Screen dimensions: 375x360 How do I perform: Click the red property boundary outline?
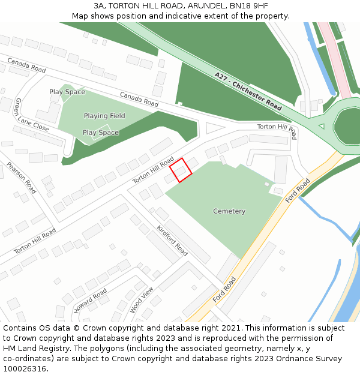click(x=181, y=170)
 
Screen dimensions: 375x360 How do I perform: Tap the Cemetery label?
click(x=229, y=211)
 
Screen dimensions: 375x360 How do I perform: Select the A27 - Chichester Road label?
click(x=248, y=91)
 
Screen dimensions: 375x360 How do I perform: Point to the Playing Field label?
click(x=104, y=116)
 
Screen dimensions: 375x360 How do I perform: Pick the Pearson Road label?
click(x=22, y=177)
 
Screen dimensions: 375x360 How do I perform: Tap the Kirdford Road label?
click(x=172, y=240)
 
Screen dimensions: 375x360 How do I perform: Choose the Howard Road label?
click(x=91, y=301)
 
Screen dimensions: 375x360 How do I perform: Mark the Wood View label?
click(x=142, y=299)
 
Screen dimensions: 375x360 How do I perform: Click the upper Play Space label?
click(x=67, y=92)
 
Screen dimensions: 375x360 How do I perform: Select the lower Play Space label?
click(x=100, y=133)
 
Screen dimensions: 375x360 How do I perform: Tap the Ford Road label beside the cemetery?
click(x=298, y=190)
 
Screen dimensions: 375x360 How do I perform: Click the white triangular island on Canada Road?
click(x=213, y=128)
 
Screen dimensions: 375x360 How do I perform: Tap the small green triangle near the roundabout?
click(x=321, y=126)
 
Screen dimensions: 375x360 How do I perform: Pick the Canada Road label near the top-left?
click(x=26, y=65)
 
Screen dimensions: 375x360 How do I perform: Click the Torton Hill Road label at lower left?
click(x=35, y=239)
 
